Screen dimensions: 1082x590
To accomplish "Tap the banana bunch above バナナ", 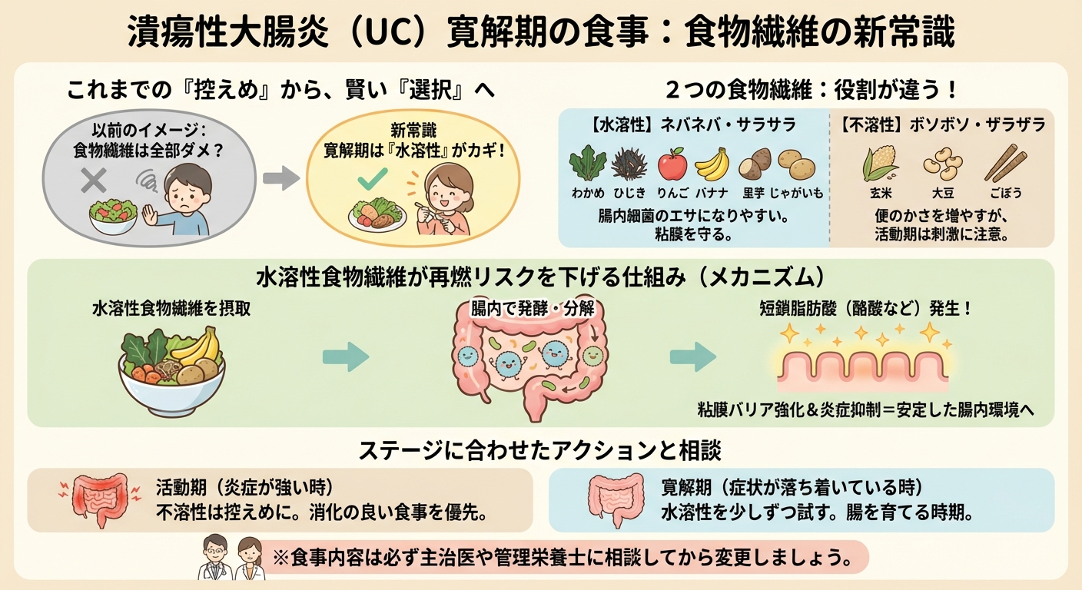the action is coord(712,164).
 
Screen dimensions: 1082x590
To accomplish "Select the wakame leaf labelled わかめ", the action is coord(587,164).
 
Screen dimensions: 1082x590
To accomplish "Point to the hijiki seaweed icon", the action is coord(629,164).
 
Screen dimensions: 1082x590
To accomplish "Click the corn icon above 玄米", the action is coord(875,164).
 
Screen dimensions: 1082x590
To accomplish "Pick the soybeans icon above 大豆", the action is coord(938,164).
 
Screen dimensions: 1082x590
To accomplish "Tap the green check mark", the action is coord(373,180).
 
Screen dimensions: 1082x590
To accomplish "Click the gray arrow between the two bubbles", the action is coord(280,179).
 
